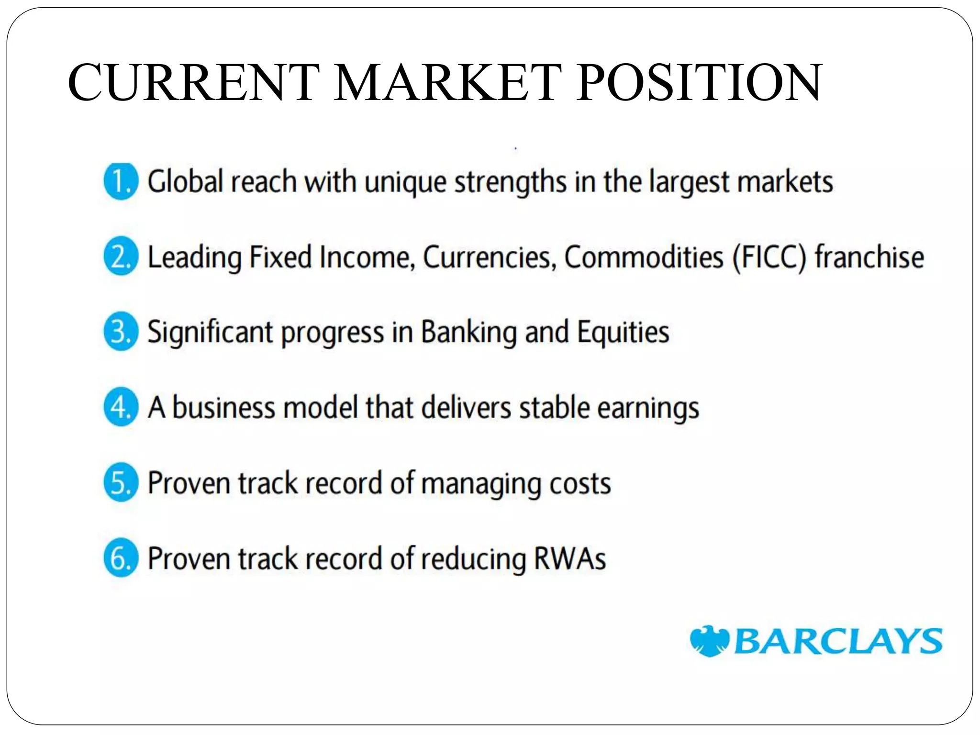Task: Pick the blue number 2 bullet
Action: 121,257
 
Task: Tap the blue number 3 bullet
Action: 121,332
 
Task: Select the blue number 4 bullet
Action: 121,407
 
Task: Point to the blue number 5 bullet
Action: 121,482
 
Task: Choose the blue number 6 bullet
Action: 121,558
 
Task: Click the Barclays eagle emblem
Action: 710,641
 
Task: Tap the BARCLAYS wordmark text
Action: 837,641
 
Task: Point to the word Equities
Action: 623,333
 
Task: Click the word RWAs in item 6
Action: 570,558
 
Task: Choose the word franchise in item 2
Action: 869,257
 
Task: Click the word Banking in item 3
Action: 468,333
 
